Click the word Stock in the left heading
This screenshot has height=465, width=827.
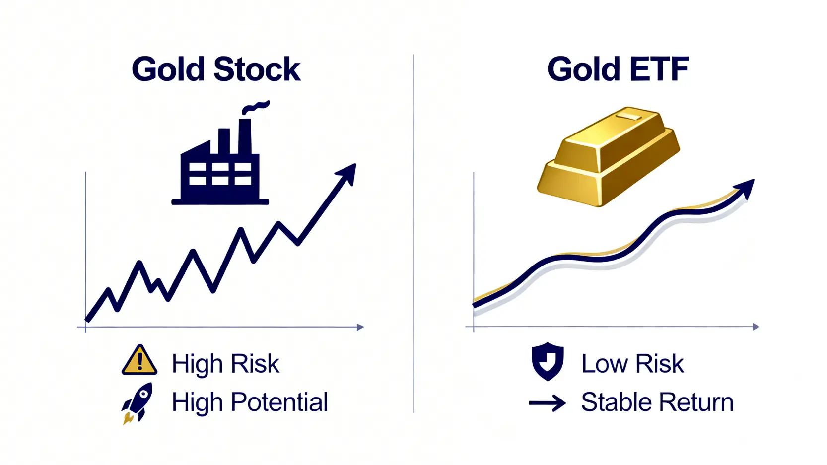point(257,69)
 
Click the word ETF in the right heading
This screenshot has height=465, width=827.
point(660,69)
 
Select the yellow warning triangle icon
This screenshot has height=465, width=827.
point(139,361)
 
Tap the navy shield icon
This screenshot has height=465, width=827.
point(547,361)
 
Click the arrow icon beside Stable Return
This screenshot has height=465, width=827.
point(547,402)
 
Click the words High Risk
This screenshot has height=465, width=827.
point(225,364)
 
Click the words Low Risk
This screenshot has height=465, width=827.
point(632,364)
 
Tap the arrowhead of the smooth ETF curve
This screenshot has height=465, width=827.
point(746,188)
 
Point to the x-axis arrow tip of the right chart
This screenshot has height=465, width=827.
point(757,327)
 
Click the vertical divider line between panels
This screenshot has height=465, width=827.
point(413,233)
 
